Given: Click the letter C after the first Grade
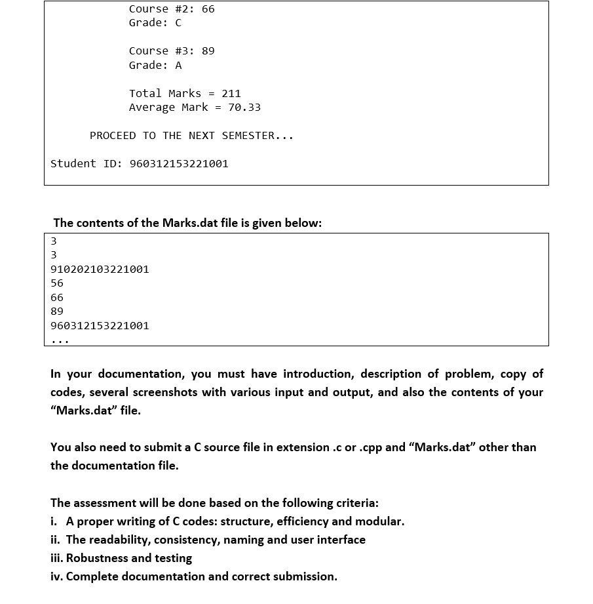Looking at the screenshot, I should [178, 23].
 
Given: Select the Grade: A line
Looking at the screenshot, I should [155, 65].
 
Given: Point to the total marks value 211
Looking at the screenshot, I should [231, 93].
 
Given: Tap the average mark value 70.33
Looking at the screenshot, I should [244, 107].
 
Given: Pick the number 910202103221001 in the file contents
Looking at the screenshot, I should [100, 269].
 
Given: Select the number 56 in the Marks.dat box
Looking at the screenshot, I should [57, 283].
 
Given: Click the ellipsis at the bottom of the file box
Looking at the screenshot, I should [60, 340].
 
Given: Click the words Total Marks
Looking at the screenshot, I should [165, 93].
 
